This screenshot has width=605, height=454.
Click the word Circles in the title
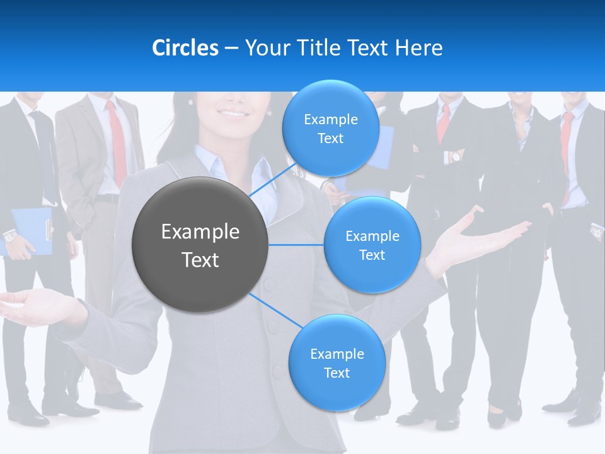pyautogui.click(x=185, y=48)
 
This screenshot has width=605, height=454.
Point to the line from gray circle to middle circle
pyautogui.click(x=296, y=245)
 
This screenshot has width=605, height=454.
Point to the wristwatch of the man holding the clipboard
pyautogui.click(x=10, y=236)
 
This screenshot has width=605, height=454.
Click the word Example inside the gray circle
pyautogui.click(x=200, y=231)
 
